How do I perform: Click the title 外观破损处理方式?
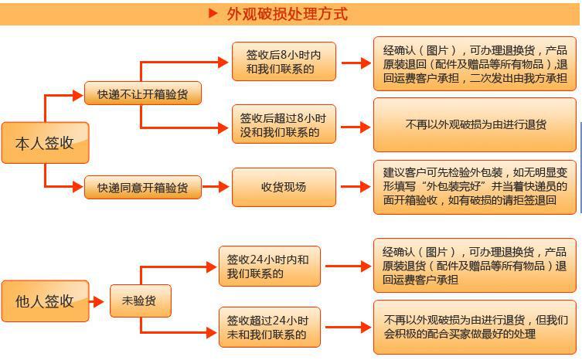(286, 14)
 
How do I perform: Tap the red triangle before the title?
(213, 13)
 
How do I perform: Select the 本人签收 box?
(45, 142)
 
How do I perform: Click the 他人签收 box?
(45, 301)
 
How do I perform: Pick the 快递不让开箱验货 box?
(142, 93)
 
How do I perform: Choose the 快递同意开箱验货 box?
(142, 187)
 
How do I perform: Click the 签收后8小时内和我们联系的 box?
(284, 62)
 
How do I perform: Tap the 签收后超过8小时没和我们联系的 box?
(284, 124)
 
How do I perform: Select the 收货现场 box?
(284, 187)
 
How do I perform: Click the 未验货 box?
(139, 301)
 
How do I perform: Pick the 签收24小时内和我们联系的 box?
(267, 267)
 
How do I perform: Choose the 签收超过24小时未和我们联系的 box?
(267, 327)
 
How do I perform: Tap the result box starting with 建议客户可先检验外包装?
(475, 186)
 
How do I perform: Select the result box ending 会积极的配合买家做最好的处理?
(475, 327)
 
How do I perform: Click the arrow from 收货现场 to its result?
(355, 187)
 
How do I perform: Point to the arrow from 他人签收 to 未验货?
(98, 301)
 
